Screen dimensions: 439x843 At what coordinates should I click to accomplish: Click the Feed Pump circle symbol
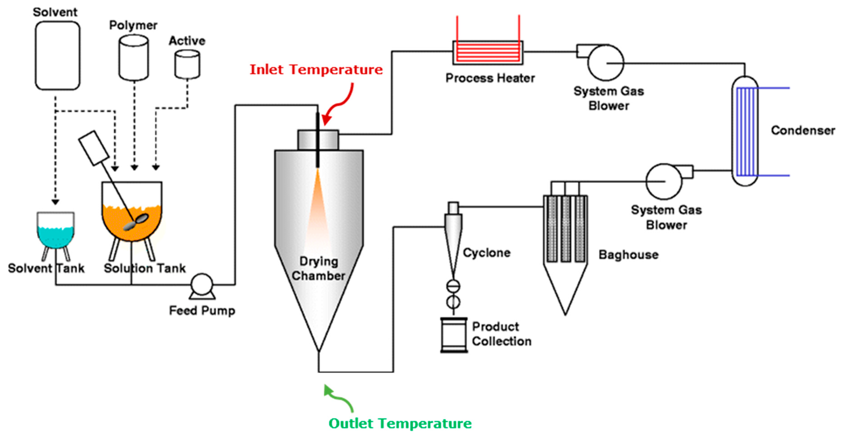coord(202,285)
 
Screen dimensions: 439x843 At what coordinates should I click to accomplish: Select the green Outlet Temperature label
coord(400,423)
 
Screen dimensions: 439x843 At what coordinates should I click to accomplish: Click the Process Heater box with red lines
coord(488,53)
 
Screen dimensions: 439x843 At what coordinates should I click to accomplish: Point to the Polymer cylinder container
coord(133,58)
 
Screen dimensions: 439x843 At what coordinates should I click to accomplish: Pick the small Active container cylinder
coord(187,65)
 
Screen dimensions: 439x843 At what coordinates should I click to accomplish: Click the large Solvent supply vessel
coord(58,56)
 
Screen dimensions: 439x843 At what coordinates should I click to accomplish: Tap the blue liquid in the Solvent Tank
coord(56,236)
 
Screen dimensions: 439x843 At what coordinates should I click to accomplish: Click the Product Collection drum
coord(454,335)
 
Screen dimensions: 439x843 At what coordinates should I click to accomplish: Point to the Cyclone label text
coord(487,253)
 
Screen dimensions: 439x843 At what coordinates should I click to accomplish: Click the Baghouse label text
coord(628,255)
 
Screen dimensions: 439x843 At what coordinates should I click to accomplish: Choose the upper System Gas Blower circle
coord(606,63)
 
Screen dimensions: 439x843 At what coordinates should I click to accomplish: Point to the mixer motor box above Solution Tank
coord(94,148)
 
